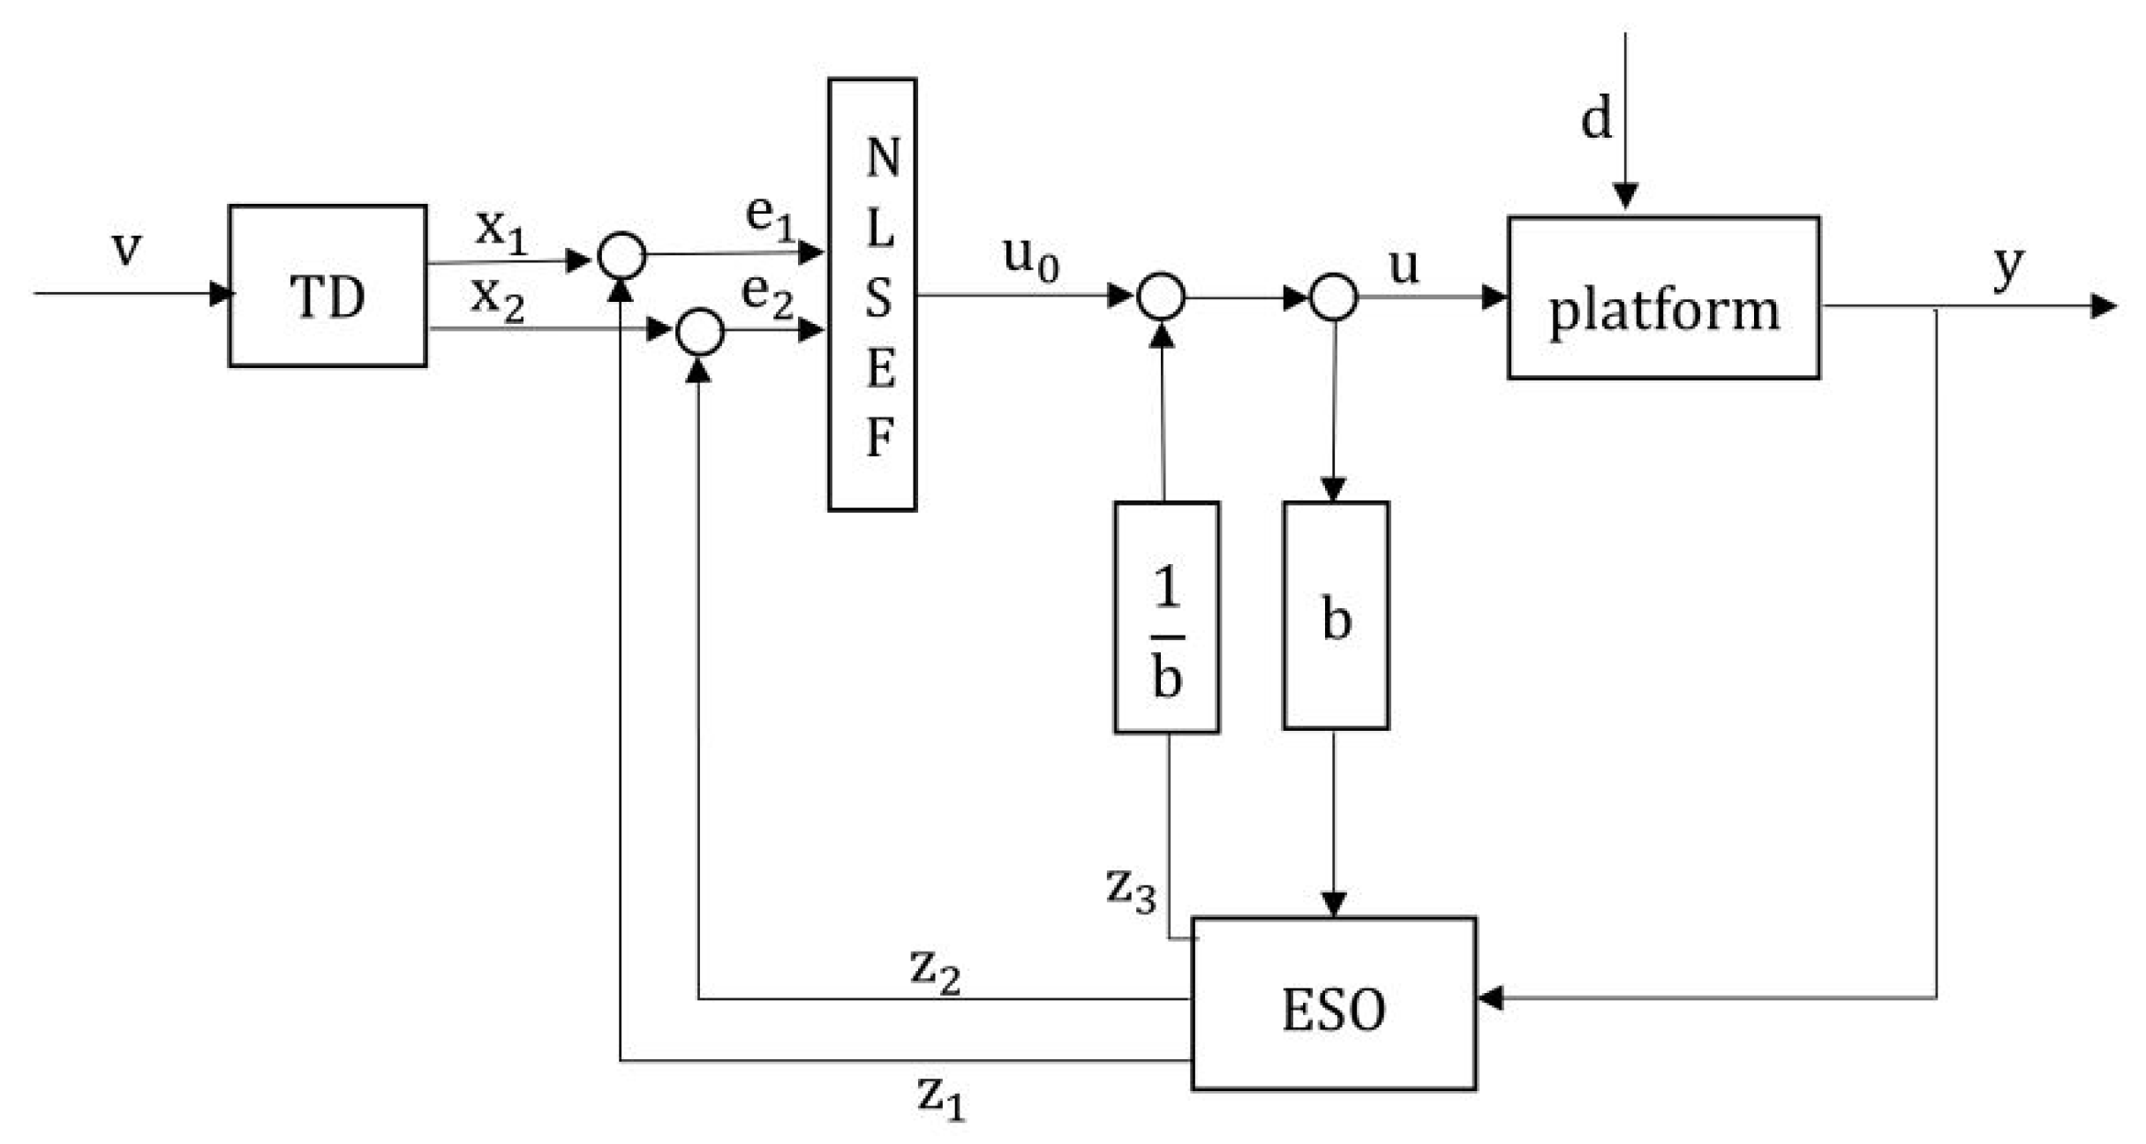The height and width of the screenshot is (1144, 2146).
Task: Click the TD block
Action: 328,286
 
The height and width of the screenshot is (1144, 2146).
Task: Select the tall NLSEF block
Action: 872,295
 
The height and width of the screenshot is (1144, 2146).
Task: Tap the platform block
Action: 1663,298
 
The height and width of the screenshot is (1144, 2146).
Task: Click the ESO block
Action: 1333,1005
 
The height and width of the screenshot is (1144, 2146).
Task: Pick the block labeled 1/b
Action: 1166,618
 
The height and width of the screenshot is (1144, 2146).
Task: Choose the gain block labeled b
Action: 1336,616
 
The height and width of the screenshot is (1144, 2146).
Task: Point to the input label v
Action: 126,247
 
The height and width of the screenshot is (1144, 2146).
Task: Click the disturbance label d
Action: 1595,118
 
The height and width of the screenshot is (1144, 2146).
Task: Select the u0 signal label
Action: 1030,257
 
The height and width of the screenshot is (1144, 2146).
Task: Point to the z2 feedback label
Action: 935,971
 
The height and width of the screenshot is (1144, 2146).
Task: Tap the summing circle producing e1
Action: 622,256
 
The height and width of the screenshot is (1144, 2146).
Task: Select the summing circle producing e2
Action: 700,332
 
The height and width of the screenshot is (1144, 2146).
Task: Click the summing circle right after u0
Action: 1161,297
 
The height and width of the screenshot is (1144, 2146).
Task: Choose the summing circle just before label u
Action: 1333,297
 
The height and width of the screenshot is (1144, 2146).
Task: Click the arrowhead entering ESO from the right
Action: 1490,998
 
